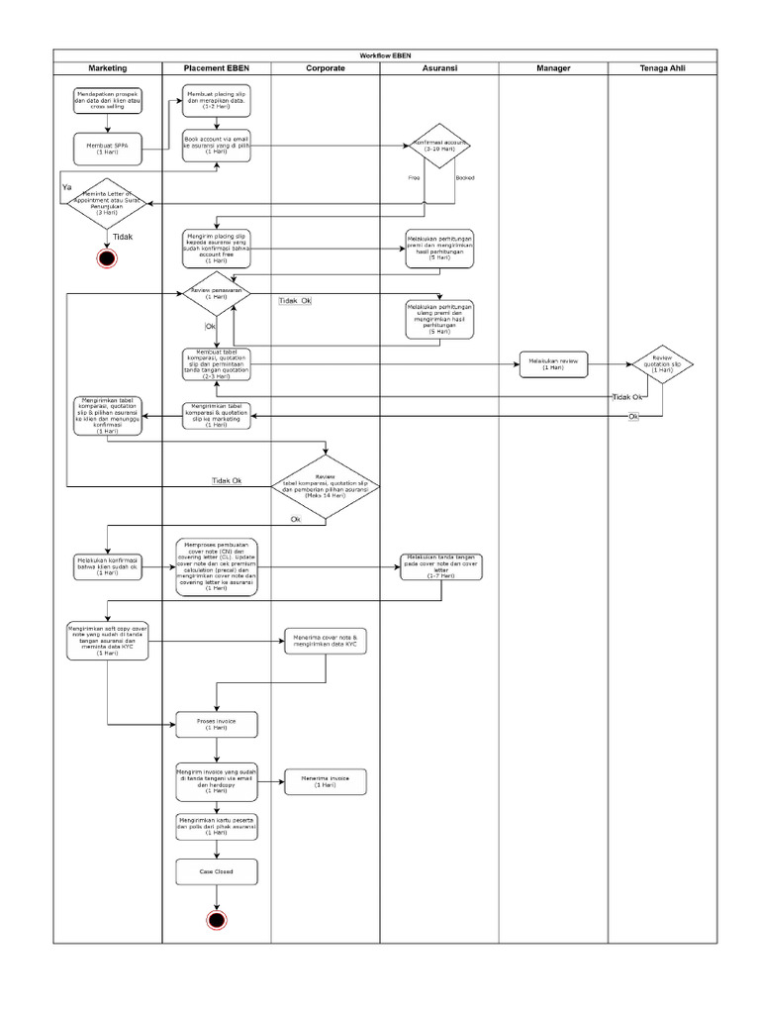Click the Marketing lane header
point(108,67)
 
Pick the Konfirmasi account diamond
point(439,146)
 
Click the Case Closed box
point(216,871)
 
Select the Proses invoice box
point(216,724)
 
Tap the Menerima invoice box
point(326,781)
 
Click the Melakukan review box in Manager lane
point(552,364)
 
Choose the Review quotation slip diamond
point(662,363)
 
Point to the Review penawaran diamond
point(215,294)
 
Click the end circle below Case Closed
point(217,920)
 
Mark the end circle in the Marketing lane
point(107,258)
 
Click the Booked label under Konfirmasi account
point(464,177)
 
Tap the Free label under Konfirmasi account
point(414,177)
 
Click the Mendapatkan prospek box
point(107,100)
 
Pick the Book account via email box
point(216,145)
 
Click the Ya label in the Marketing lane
point(66,186)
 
